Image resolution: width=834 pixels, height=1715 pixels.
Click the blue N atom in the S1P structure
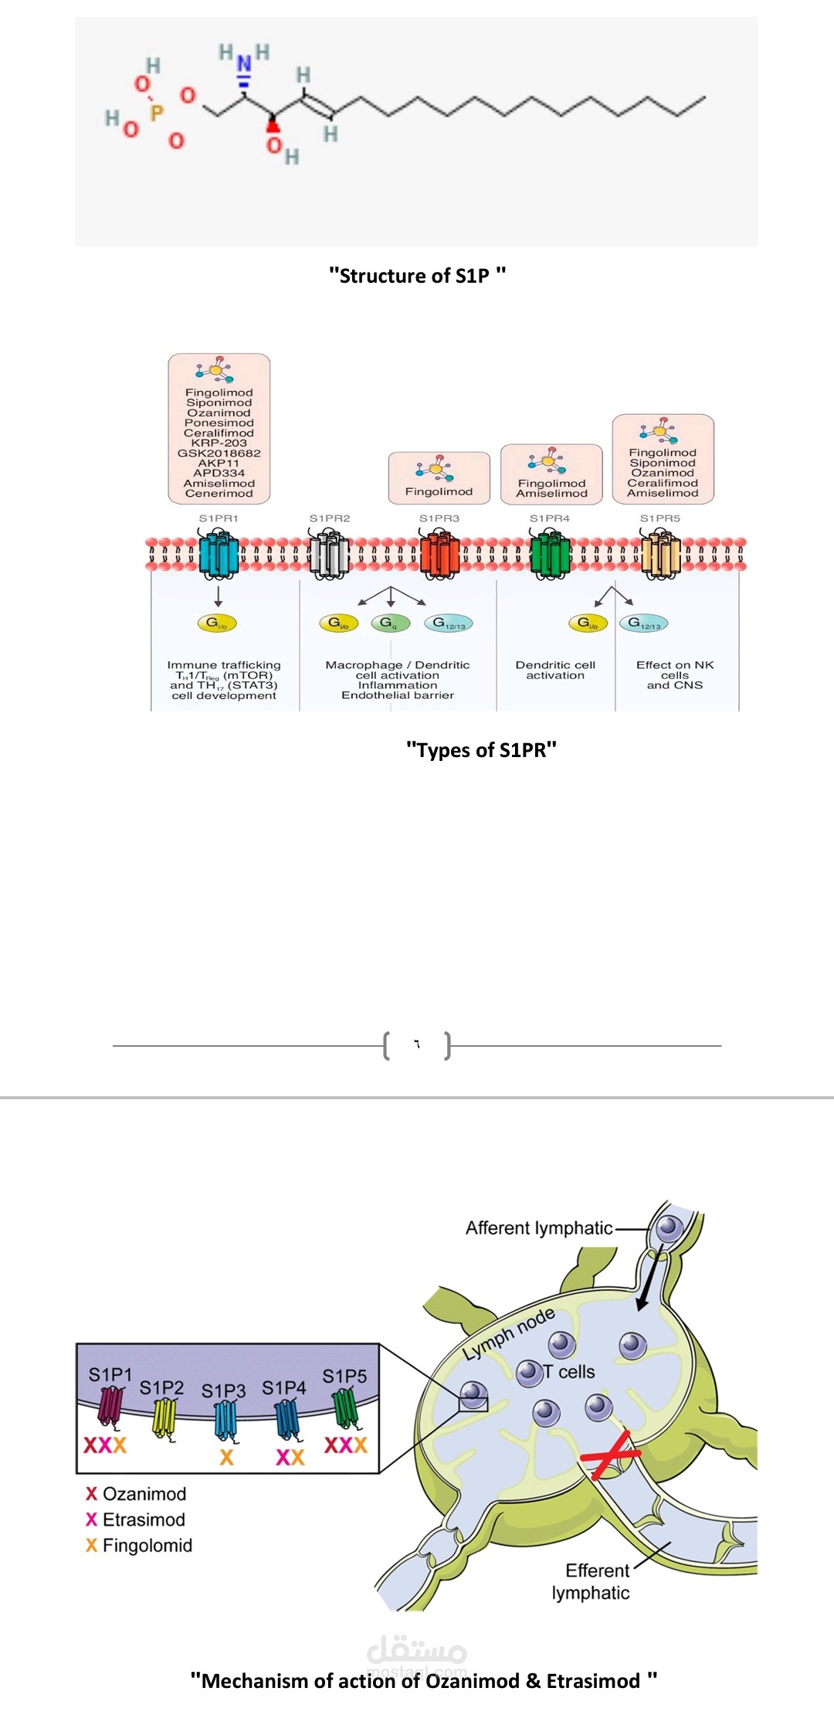[244, 63]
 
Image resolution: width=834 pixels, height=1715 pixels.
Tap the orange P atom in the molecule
[157, 114]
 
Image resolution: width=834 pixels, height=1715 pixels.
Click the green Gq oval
[389, 623]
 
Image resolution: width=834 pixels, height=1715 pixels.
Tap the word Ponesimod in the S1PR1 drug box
[219, 423]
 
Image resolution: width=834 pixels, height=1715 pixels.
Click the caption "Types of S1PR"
[481, 750]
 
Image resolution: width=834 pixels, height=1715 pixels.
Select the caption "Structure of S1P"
[417, 276]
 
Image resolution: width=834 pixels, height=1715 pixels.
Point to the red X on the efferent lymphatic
[610, 1455]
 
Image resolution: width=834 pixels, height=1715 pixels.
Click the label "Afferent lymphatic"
[539, 1228]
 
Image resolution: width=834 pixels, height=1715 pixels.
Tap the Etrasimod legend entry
[144, 1520]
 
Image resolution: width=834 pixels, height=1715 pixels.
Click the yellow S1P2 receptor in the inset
[164, 1418]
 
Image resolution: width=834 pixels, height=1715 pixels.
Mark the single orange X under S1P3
[226, 1457]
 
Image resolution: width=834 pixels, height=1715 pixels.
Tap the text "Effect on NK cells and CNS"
[675, 674]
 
